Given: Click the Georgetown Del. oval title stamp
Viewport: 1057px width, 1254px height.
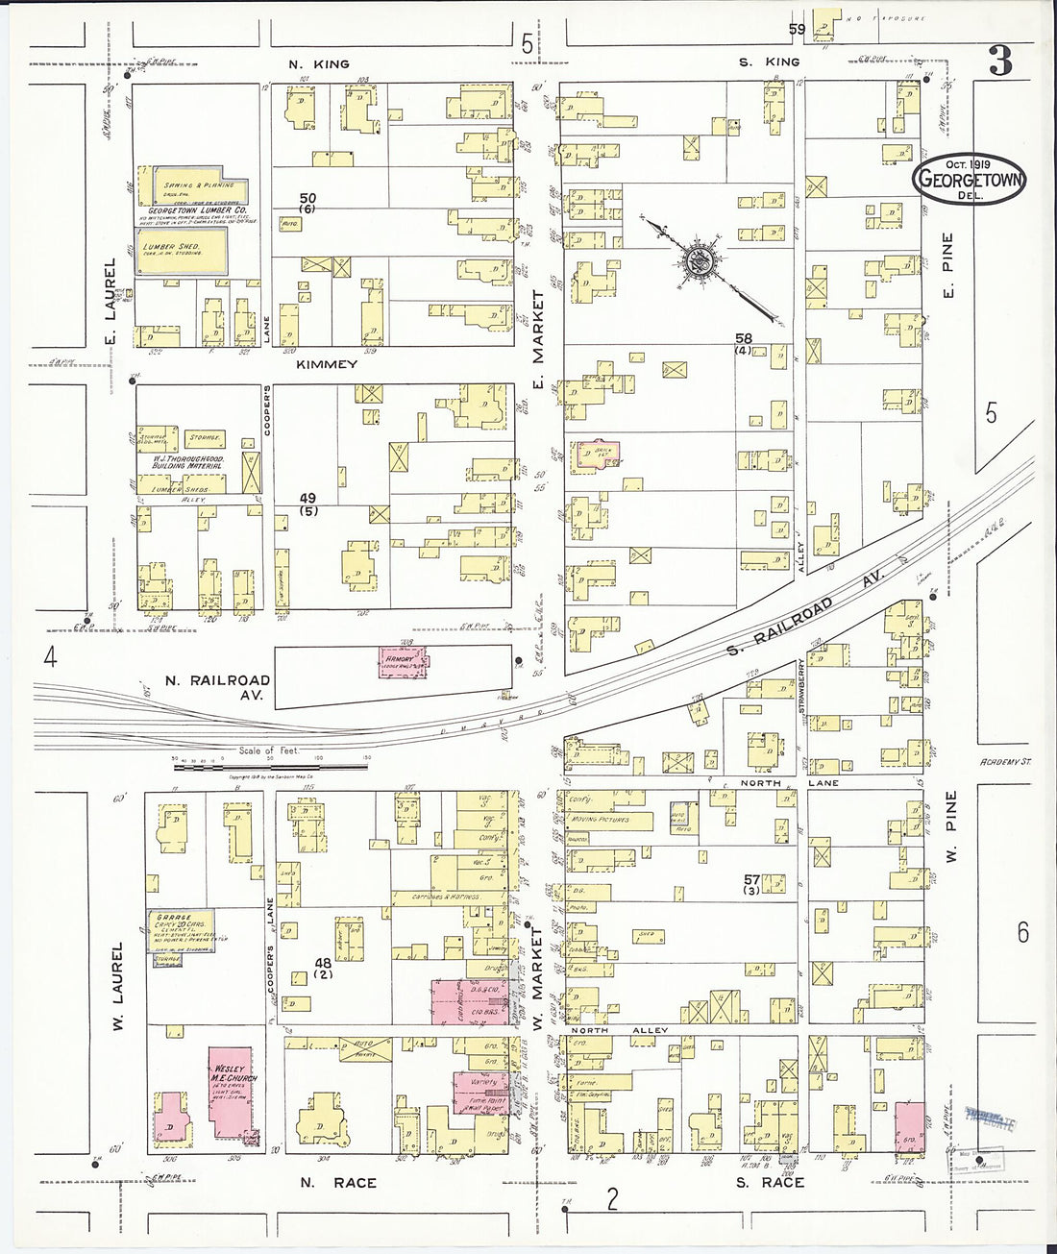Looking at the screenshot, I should [x=971, y=179].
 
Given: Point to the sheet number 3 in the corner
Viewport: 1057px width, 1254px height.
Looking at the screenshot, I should [x=1000, y=62].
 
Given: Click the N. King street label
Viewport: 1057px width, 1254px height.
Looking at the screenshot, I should [x=319, y=63].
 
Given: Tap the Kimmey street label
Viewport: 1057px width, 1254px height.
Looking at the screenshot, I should [x=327, y=365].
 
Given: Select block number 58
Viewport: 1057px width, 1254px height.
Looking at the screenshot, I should [x=743, y=338].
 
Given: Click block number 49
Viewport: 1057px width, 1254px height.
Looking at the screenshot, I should [x=307, y=498].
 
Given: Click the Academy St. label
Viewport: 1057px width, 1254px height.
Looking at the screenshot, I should [x=1005, y=762].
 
